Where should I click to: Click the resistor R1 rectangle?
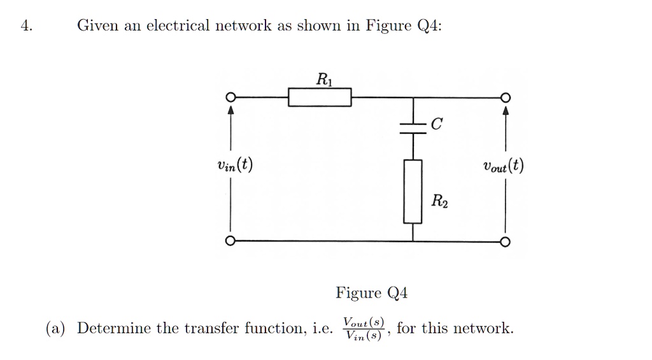pos(320,97)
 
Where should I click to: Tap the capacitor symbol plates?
pos(413,128)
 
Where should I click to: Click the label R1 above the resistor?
pos(323,80)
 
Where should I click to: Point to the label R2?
pos(439,203)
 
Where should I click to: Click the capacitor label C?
pos(436,125)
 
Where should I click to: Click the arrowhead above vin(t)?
pos(231,111)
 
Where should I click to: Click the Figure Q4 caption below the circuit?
pos(371,293)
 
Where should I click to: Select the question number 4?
pos(25,26)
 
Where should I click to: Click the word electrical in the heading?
pos(178,26)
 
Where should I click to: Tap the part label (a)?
pos(55,329)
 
